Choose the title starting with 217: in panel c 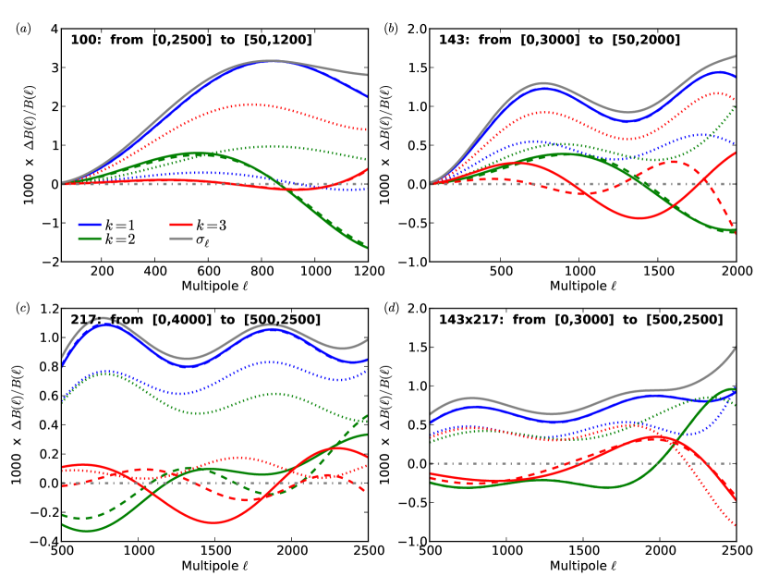click(187, 320)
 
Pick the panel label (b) click(391, 29)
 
